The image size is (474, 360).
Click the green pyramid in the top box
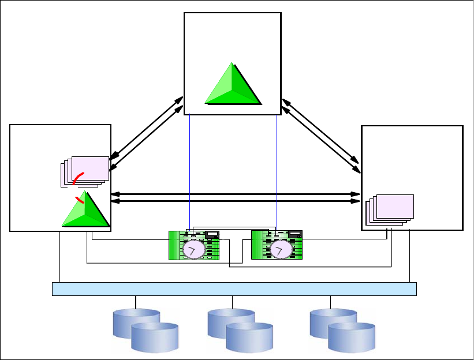pos(233,85)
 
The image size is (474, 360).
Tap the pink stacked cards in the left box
pos(86,171)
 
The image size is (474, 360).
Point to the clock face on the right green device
pos(279,249)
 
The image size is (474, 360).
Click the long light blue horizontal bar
pos(234,288)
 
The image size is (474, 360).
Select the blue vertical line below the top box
pos(190,173)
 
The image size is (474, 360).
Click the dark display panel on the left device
pos(212,234)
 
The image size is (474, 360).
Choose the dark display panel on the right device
pos(296,234)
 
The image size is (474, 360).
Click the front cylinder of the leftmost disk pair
pos(155,337)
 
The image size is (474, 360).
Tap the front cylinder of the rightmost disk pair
pos(352,337)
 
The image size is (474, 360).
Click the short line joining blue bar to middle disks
pos(232,302)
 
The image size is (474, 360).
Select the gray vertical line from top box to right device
pos(277,173)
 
